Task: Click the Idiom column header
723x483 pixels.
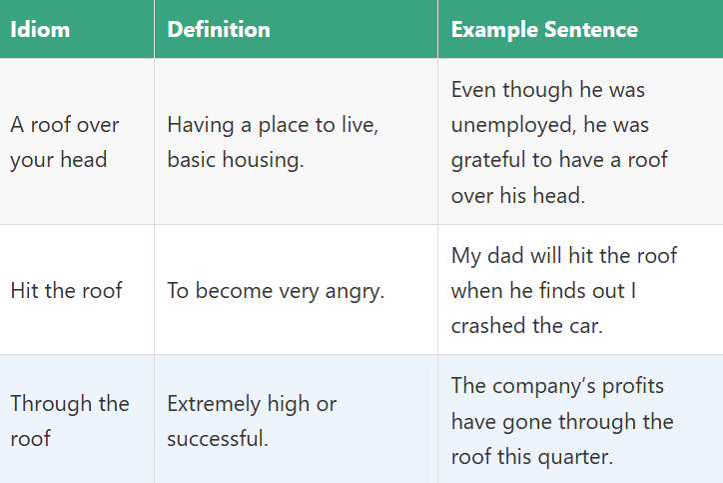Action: pos(40,29)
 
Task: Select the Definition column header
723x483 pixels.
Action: pos(219,29)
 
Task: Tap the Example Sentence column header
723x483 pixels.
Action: pos(544,29)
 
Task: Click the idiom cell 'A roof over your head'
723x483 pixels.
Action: pos(65,142)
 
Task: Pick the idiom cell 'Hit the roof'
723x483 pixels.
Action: pos(66,290)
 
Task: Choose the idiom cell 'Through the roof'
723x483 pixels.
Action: pos(70,420)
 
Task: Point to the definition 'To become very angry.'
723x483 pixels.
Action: pos(275,290)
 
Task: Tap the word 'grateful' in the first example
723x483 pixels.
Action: pos(489,160)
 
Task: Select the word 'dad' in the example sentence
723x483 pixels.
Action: pos(508,255)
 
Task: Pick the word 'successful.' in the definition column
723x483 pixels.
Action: pos(217,438)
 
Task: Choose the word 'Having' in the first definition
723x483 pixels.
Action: pos(201,125)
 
